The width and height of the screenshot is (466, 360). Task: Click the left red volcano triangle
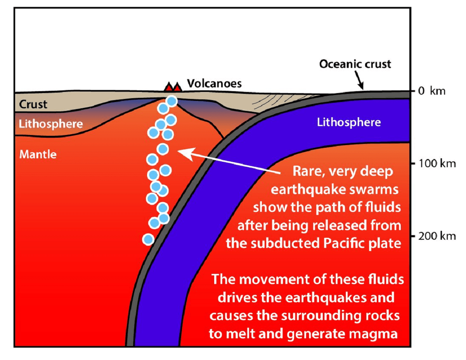coord(169,87)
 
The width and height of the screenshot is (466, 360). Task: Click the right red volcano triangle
coord(177,87)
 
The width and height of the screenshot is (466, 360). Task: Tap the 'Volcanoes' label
coord(214,83)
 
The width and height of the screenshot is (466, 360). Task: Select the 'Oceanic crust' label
coord(355,64)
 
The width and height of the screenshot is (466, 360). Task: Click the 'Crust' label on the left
coord(33,104)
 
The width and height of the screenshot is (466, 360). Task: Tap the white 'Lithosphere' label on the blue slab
coord(349,123)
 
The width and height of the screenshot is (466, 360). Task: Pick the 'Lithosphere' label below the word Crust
coord(51,124)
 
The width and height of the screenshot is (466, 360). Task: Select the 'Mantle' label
coord(38,154)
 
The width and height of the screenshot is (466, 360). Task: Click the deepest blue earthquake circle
coord(148,239)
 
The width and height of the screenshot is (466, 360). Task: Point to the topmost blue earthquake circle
coord(172,101)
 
